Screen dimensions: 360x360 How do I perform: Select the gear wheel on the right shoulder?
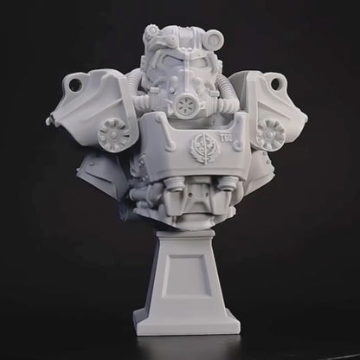click(x=271, y=135)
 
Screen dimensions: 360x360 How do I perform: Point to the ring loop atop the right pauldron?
click(x=279, y=83)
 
